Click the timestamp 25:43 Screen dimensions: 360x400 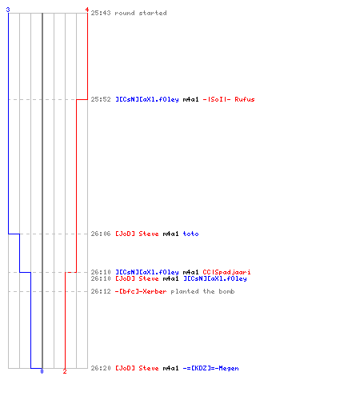point(101,13)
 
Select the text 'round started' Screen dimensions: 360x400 point(141,13)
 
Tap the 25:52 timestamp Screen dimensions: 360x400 point(101,99)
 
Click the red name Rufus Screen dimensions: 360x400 point(245,99)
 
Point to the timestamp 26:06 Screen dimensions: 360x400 point(101,234)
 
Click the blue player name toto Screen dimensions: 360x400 point(190,234)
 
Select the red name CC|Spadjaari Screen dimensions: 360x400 point(226,272)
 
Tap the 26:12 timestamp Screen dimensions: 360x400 point(101,291)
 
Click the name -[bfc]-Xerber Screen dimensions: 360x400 point(141,291)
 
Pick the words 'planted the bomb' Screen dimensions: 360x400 point(202,291)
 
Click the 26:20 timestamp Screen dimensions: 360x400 point(101,368)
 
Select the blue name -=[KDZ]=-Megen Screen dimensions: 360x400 point(210,368)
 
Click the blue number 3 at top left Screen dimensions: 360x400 point(8,10)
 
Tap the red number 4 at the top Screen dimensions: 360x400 point(86,10)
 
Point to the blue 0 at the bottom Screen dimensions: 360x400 point(42,371)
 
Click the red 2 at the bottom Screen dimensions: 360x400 point(65,371)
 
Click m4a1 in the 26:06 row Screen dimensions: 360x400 point(170,234)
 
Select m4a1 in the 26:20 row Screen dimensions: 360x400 point(170,368)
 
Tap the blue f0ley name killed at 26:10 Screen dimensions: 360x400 point(215,278)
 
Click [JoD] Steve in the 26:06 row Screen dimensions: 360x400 point(137,234)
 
